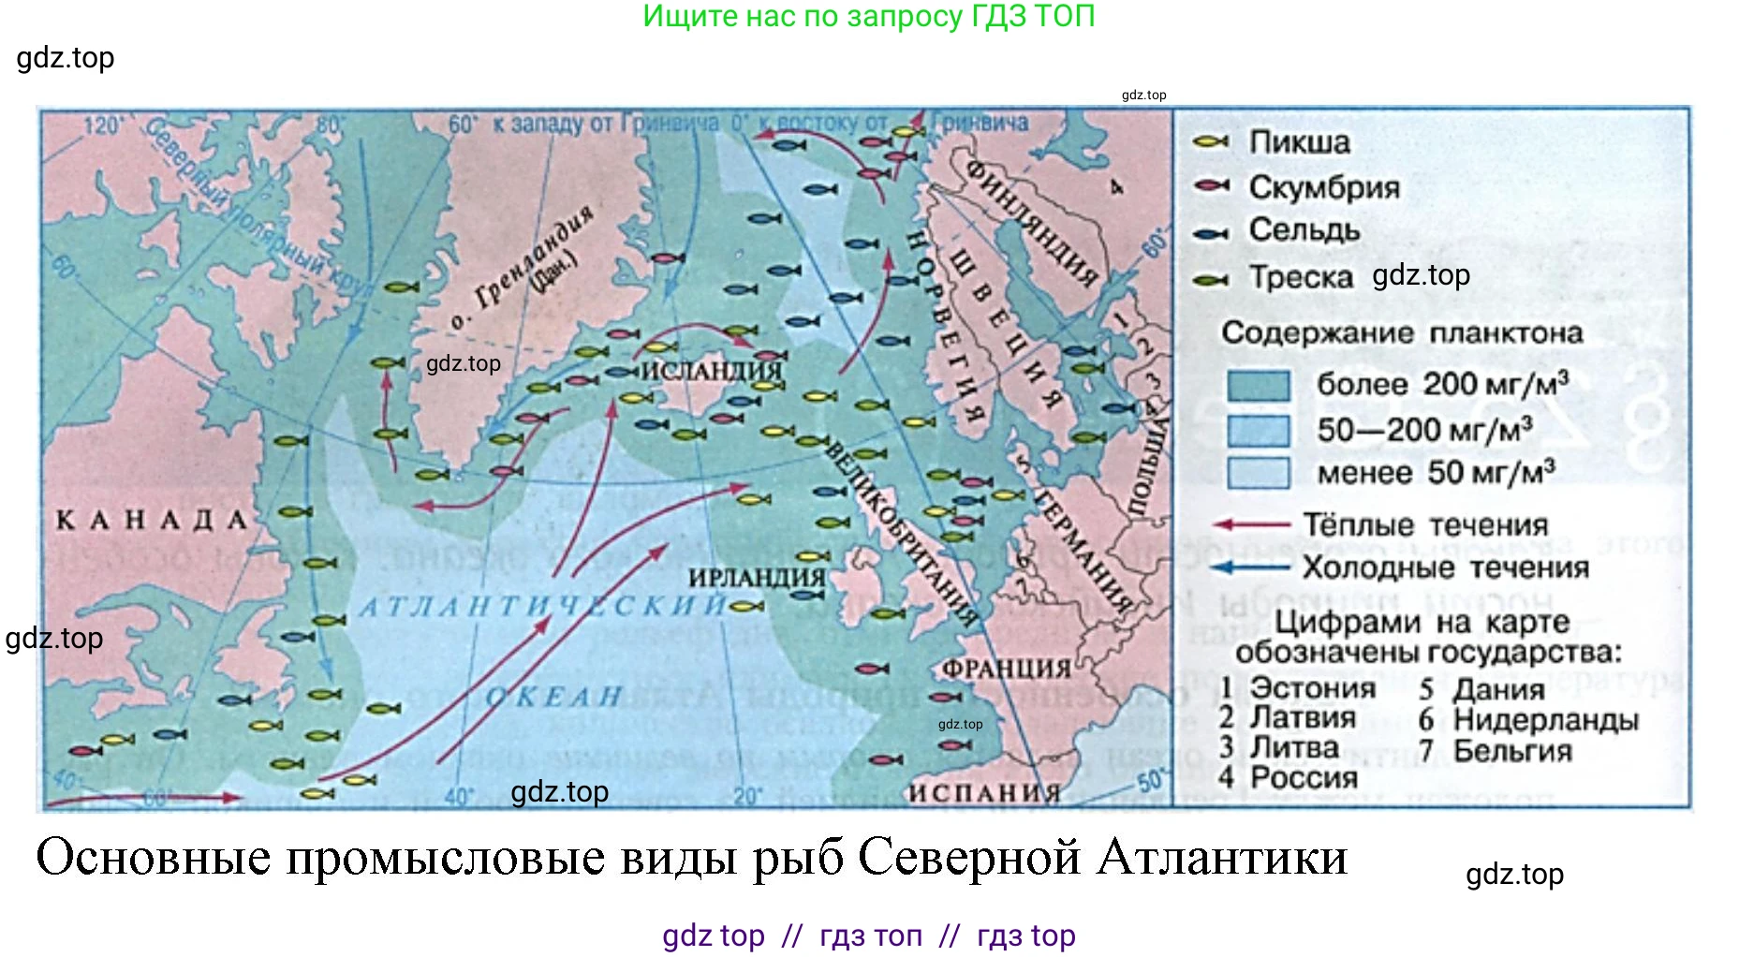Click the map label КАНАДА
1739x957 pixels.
point(152,520)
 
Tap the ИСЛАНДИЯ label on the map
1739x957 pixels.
point(712,371)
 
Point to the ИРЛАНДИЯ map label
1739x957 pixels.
point(757,578)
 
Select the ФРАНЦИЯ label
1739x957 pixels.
point(1007,669)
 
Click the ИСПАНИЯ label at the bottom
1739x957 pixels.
point(984,793)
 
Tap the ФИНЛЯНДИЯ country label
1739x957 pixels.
point(1031,222)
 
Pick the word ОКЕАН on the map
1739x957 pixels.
point(554,697)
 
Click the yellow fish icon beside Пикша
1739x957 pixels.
point(1211,142)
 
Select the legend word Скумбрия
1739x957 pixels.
point(1324,187)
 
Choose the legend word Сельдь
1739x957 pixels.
point(1304,230)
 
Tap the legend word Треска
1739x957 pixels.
point(1302,277)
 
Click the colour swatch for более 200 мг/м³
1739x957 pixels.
point(1258,385)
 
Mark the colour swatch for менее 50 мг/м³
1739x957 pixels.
point(1258,473)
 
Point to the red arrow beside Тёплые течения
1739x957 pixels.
point(1250,525)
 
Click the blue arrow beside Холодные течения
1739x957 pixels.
point(1250,567)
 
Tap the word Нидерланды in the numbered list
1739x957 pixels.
point(1546,720)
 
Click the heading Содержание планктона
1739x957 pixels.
point(1402,332)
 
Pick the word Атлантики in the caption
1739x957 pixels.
point(1222,857)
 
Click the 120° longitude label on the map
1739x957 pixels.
point(103,125)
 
